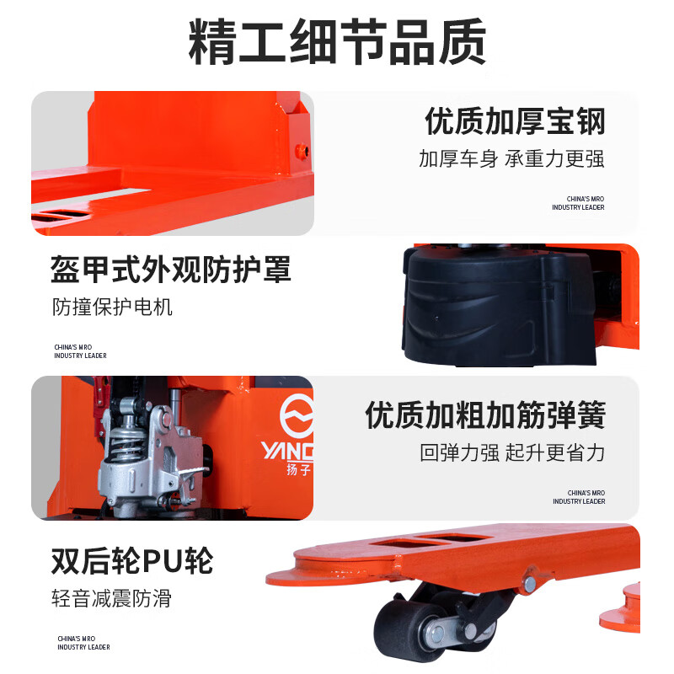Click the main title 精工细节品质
click(x=338, y=41)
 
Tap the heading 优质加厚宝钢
click(x=515, y=121)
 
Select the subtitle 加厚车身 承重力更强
click(x=511, y=158)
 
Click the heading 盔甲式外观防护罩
click(x=171, y=270)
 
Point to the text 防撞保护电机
click(x=112, y=307)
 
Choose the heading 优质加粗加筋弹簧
click(x=485, y=415)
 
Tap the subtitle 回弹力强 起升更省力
click(x=512, y=452)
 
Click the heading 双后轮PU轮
click(x=132, y=561)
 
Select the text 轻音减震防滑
click(x=111, y=598)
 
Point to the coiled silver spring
click(x=125, y=443)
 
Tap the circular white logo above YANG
click(x=297, y=415)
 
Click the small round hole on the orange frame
click(x=302, y=152)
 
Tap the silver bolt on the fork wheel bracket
click(x=531, y=583)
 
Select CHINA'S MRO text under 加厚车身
click(x=578, y=203)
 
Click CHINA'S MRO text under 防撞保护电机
click(x=80, y=351)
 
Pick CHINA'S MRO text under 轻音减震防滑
click(x=83, y=643)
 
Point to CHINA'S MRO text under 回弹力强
click(x=579, y=497)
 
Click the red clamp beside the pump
click(x=101, y=409)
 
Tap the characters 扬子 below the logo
click(x=299, y=469)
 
